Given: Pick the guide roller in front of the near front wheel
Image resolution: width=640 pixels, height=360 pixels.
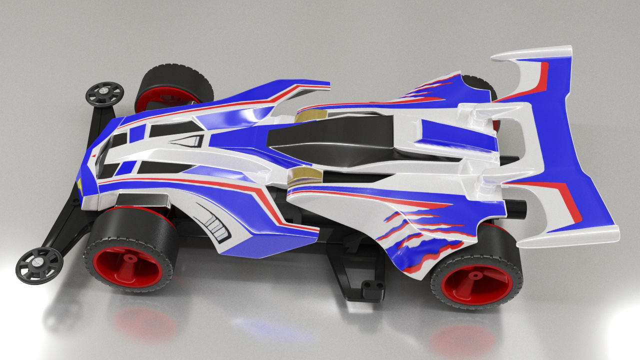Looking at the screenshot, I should [39, 264].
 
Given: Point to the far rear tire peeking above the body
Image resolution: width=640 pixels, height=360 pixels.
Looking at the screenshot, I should [480, 84].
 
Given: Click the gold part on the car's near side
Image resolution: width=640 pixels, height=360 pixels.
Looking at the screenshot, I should [305, 176].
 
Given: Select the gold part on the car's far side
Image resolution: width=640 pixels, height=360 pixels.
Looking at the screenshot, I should [308, 117].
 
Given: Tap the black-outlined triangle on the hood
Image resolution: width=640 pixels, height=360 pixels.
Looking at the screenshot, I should [190, 141].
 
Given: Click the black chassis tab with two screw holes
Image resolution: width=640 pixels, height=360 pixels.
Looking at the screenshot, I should [370, 285].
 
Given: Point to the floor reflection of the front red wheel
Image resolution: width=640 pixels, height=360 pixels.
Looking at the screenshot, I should [145, 322].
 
